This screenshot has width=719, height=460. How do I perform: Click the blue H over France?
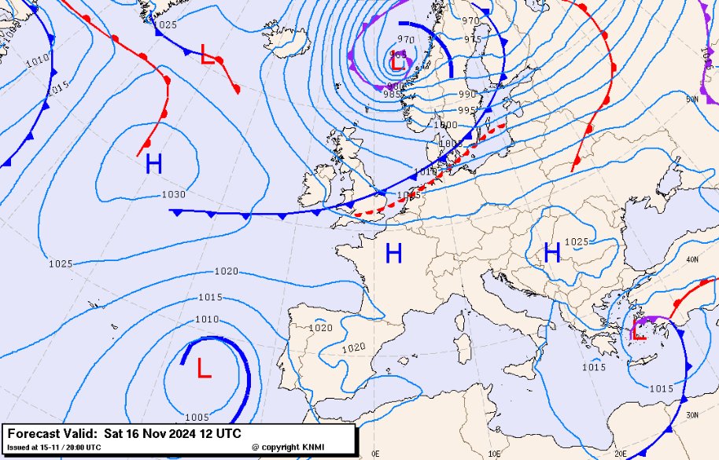click(x=393, y=253)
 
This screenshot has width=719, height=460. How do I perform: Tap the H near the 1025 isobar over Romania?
click(x=552, y=252)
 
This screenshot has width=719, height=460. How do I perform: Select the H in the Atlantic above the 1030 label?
click(x=153, y=164)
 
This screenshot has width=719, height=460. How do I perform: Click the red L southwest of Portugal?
click(x=204, y=368)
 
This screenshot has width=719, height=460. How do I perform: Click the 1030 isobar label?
click(x=174, y=195)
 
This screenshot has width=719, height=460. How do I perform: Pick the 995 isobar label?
click(x=467, y=111)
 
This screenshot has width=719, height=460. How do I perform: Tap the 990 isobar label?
click(x=467, y=94)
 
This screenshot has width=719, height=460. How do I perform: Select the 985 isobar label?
click(x=392, y=94)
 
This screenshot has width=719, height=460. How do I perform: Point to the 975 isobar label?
click(x=473, y=39)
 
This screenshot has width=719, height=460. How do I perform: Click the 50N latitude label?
click(x=692, y=99)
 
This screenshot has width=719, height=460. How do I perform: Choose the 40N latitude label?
click(x=692, y=259)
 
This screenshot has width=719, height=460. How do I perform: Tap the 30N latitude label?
click(x=692, y=415)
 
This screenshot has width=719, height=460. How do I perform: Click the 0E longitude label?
click(x=375, y=454)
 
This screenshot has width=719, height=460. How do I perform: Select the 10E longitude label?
click(x=495, y=454)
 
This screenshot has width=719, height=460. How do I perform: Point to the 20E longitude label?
click(x=619, y=454)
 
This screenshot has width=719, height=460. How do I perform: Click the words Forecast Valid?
click(x=52, y=433)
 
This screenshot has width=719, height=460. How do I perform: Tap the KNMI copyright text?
click(x=288, y=447)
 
